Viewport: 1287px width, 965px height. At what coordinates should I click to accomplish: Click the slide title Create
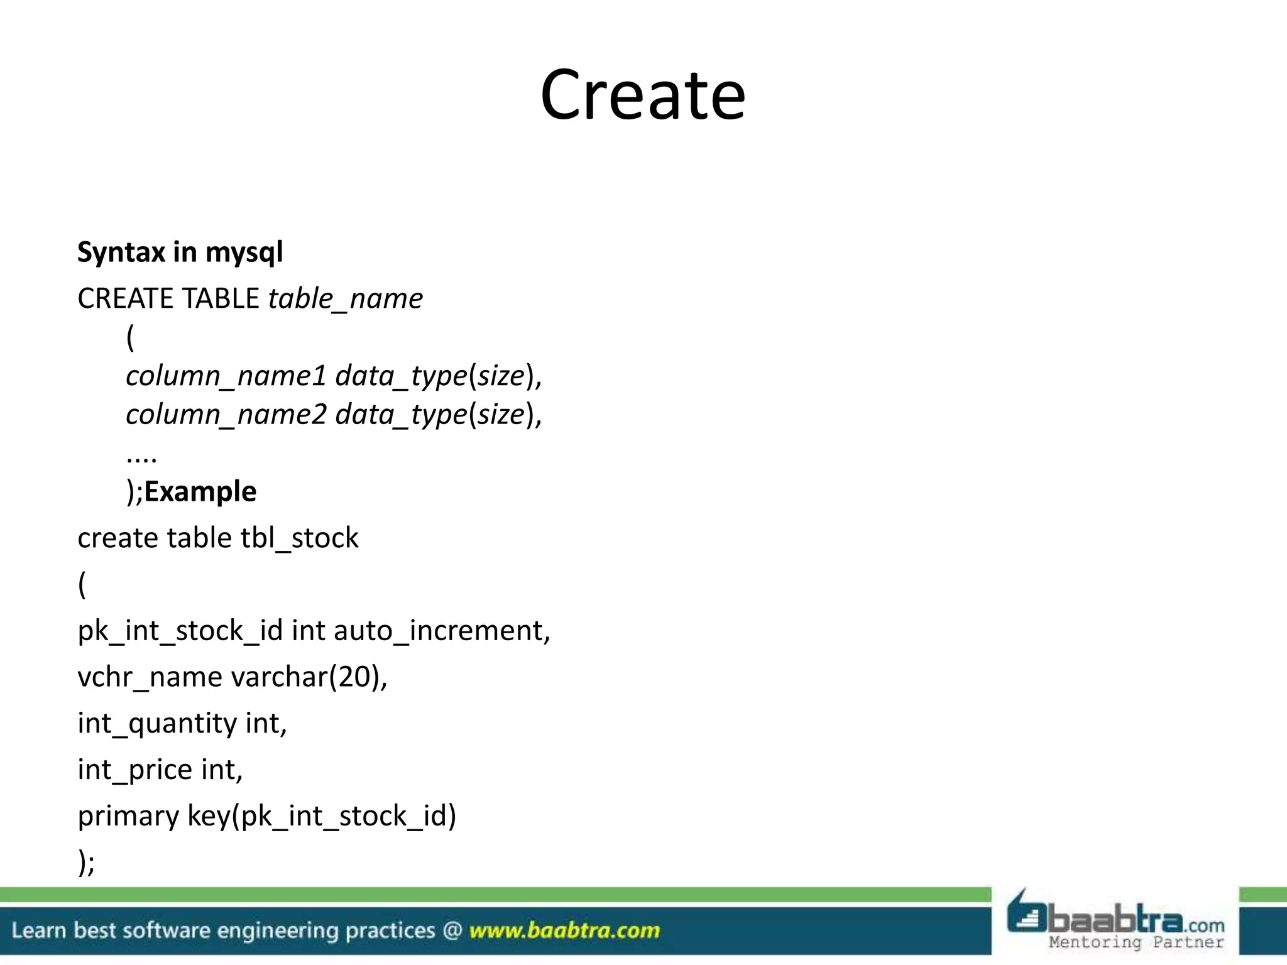(x=642, y=95)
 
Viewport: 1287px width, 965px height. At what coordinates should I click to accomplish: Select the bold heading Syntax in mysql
(x=180, y=253)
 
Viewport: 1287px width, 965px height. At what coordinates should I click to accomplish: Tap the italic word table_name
(x=345, y=298)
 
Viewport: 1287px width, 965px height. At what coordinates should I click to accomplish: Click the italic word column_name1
(x=226, y=376)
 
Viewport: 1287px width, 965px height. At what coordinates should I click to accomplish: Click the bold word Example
(x=200, y=491)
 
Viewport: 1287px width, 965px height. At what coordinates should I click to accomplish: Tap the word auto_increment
(x=442, y=631)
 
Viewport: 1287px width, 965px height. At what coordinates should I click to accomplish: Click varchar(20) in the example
(x=309, y=677)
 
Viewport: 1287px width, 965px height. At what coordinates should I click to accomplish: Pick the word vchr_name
(x=150, y=677)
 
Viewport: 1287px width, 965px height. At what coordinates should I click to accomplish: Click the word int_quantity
(x=157, y=724)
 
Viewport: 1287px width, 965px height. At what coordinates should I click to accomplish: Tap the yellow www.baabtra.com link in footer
(x=564, y=930)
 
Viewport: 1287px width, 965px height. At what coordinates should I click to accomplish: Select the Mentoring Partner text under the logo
(x=1136, y=942)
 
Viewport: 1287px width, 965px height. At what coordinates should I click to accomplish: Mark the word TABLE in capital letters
(x=220, y=298)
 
